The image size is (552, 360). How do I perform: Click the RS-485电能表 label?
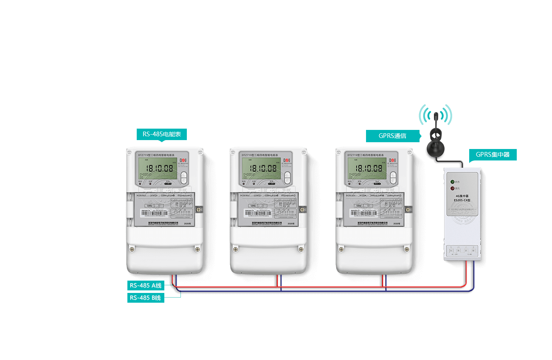(162, 134)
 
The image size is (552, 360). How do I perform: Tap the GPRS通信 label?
(392, 136)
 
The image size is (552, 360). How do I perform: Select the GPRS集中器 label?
(493, 155)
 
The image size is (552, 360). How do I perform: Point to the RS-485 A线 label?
(146, 286)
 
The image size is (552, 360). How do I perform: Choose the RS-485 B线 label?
(146, 298)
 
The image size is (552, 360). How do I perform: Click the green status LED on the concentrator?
(453, 181)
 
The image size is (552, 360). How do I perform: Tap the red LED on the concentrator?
(453, 188)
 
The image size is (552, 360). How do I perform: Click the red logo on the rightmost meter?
(393, 161)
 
